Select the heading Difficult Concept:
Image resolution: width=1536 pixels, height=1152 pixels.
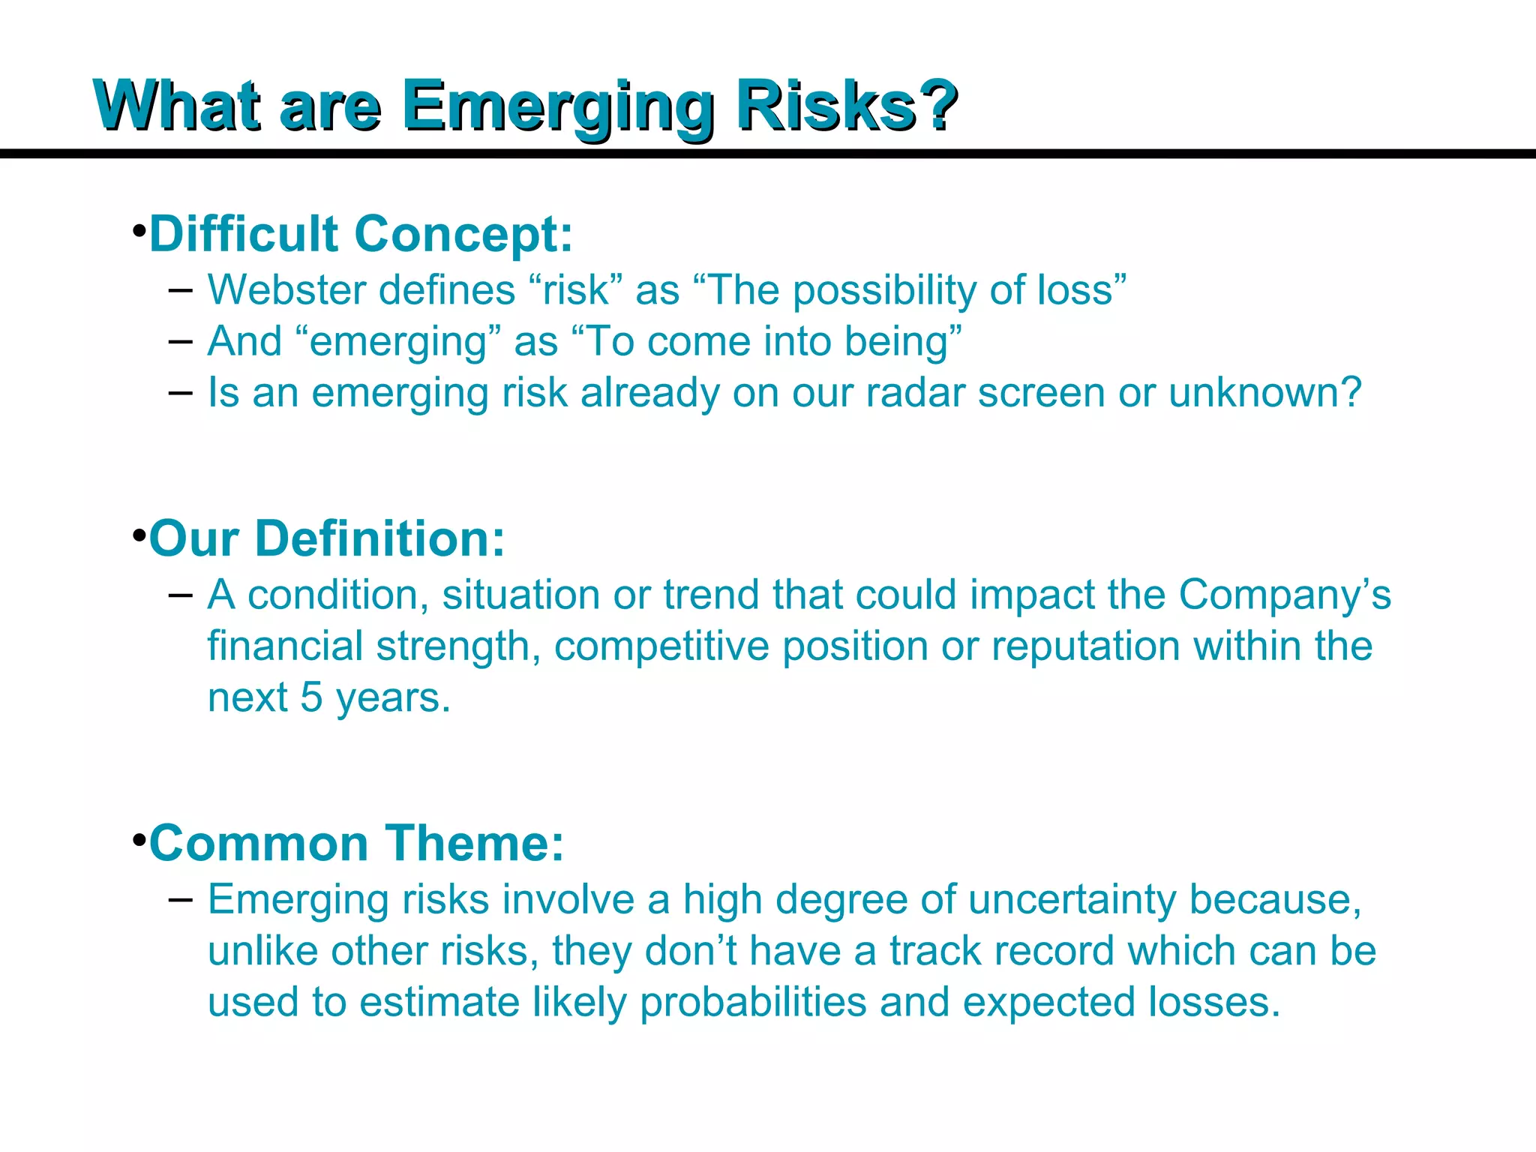pos(361,234)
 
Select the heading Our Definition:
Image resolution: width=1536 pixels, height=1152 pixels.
pos(327,538)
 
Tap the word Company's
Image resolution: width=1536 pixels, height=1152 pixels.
pos(1285,596)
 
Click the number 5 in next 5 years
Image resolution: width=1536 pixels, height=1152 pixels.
pos(311,697)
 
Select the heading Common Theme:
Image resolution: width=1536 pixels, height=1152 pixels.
pos(356,843)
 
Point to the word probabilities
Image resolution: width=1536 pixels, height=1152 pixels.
pos(753,1003)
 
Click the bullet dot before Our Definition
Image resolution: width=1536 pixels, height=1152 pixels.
pos(139,535)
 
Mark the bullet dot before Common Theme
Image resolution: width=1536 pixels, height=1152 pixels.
pos(139,839)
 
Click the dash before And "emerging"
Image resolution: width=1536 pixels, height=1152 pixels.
pos(181,342)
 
